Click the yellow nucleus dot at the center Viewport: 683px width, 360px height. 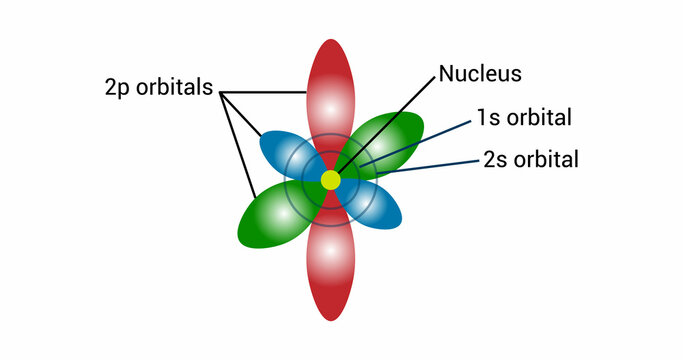330,180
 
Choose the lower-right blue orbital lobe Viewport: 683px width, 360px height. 378,208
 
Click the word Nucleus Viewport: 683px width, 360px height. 480,74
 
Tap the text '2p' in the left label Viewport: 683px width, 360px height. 118,87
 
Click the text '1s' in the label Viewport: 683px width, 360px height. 489,118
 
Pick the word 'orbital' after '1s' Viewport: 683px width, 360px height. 539,118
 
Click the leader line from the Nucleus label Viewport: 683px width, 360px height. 390,122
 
